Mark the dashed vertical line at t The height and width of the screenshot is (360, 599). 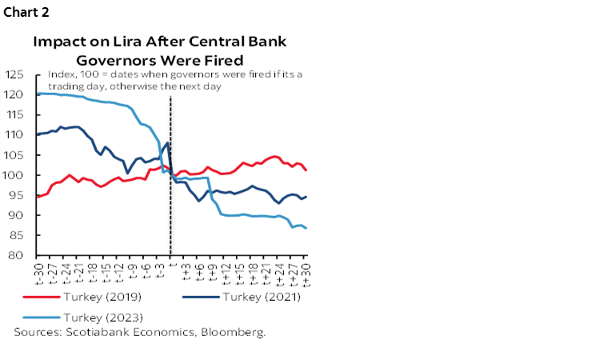click(x=170, y=200)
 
